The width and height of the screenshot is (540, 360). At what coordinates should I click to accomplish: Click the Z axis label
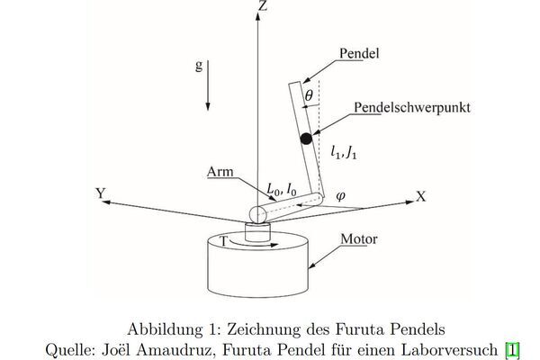263,6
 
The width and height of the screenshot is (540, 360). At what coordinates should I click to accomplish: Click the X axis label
420,196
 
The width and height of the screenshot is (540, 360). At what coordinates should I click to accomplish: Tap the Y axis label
100,193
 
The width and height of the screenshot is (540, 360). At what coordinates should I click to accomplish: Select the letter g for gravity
199,67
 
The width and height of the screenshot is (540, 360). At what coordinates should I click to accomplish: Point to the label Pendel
358,54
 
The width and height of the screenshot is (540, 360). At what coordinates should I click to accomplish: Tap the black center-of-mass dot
306,138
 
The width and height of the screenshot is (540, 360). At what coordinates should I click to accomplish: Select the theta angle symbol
309,94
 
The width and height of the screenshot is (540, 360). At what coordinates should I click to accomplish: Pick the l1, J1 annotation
345,152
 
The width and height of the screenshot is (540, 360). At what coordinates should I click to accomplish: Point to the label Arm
220,171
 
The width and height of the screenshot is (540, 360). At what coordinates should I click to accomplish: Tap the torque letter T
222,241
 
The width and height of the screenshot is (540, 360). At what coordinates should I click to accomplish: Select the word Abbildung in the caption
166,328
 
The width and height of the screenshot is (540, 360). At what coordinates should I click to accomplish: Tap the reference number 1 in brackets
513,349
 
